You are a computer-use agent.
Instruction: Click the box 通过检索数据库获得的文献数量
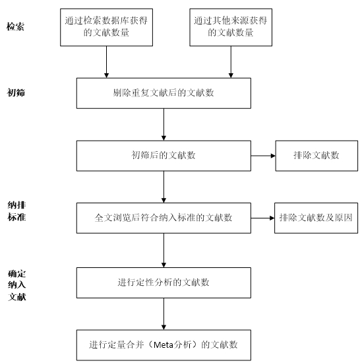[x=106, y=27]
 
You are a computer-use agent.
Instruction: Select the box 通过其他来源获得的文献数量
[x=231, y=27]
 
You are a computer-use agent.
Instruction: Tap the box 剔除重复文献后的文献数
[x=164, y=93]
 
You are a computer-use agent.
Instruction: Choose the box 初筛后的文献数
[x=164, y=156]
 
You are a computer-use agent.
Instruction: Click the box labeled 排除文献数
[x=316, y=156]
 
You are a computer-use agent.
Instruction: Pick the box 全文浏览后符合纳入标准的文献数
[x=164, y=218]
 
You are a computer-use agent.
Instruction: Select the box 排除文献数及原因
[x=316, y=218]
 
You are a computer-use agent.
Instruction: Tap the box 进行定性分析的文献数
[x=164, y=282]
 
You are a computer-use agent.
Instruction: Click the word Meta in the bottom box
[x=164, y=345]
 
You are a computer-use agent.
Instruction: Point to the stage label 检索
[x=15, y=26]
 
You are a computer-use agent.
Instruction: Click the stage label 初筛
[x=16, y=92]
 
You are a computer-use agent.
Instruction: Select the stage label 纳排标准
[x=16, y=211]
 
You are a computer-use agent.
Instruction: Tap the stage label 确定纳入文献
[x=16, y=285]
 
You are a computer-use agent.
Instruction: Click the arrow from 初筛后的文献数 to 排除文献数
[x=263, y=156]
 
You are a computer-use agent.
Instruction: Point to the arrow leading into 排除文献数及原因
[x=262, y=218]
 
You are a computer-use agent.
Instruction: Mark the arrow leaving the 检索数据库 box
[x=106, y=62]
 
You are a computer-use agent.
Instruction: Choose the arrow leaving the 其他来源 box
[x=231, y=62]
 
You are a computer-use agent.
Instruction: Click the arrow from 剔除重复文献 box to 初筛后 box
[x=164, y=124]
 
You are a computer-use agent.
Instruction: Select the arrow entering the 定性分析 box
[x=164, y=250]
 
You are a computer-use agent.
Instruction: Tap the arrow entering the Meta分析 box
[x=164, y=314]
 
